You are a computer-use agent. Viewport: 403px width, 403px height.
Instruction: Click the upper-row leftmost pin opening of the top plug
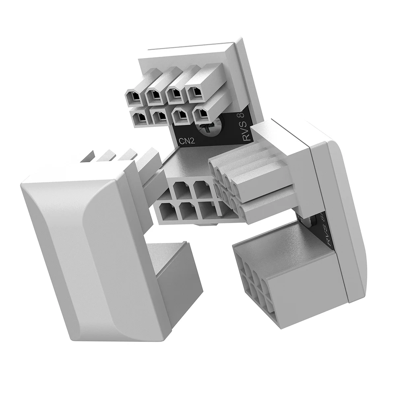(x=133, y=97)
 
